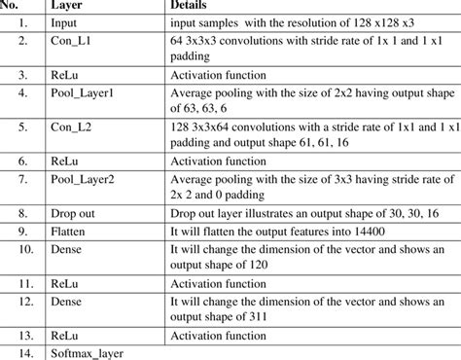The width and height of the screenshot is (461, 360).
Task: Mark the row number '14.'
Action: (21, 351)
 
